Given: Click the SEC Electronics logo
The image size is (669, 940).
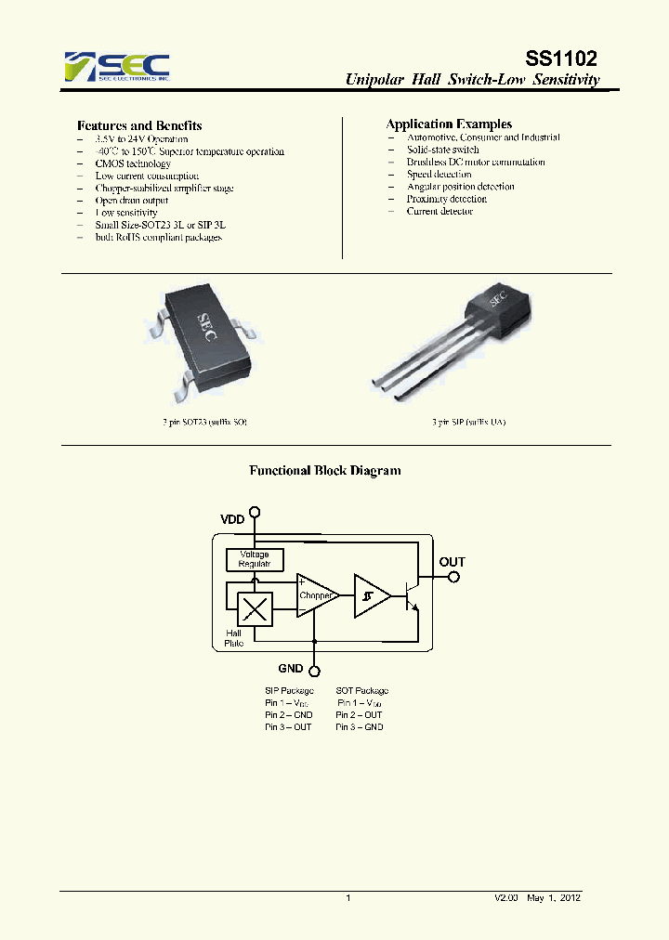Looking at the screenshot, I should pyautogui.click(x=116, y=67).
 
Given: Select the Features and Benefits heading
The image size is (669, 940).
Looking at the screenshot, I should pyautogui.click(x=139, y=125).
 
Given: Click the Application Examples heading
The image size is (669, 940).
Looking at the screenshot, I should pyautogui.click(x=449, y=124).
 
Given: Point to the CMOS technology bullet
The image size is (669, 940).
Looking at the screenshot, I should pyautogui.click(x=133, y=163).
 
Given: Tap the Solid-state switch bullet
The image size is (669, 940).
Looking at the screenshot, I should pyautogui.click(x=442, y=150).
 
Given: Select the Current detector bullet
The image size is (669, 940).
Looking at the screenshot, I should pyautogui.click(x=439, y=212).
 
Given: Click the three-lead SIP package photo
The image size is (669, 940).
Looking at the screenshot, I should pyautogui.click(x=446, y=344).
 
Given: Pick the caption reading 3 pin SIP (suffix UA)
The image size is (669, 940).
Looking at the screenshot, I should pyautogui.click(x=469, y=422).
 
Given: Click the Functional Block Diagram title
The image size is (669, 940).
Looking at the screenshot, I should pyautogui.click(x=325, y=471).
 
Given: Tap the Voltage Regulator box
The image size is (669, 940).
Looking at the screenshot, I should pyautogui.click(x=255, y=559).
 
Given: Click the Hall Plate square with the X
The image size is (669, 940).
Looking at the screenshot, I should pyautogui.click(x=255, y=610).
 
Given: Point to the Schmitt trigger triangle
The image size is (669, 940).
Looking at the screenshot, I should pyautogui.click(x=370, y=596).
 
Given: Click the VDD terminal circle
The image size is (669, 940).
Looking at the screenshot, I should pyautogui.click(x=256, y=512).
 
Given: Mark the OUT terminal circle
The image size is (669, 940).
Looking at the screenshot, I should pyautogui.click(x=453, y=577).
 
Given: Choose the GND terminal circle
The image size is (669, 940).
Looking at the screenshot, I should pyautogui.click(x=315, y=671).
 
